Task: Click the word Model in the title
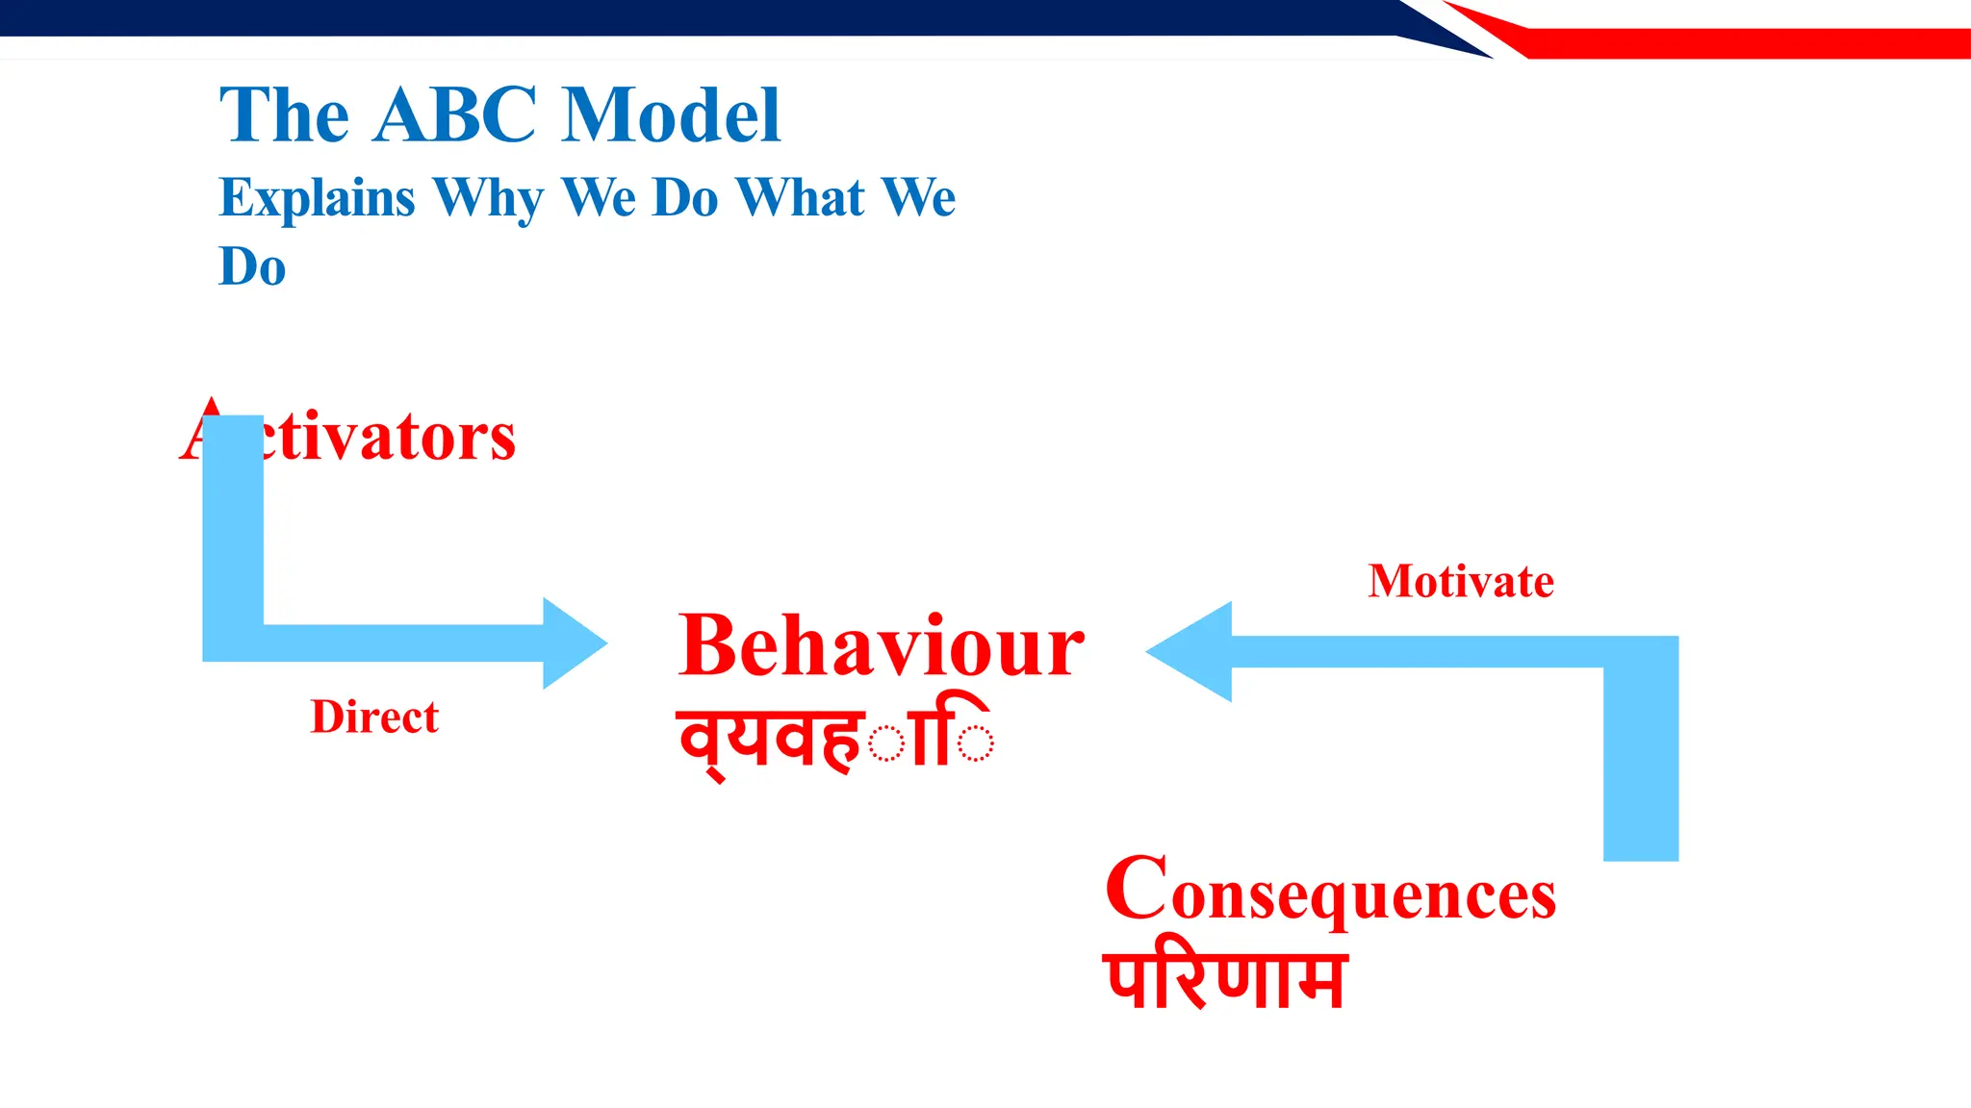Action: [x=671, y=115]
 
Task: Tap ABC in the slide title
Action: [x=455, y=115]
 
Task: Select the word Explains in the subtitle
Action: [x=317, y=198]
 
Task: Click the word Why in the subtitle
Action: [x=488, y=198]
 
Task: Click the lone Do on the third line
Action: [x=252, y=266]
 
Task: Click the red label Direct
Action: [x=374, y=718]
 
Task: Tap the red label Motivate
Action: [x=1460, y=581]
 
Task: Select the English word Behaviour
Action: [x=881, y=646]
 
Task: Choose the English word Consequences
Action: [x=1330, y=891]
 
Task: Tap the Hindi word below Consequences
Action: [x=1224, y=981]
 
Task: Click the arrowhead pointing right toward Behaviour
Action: [x=573, y=643]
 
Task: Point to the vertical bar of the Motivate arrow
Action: [x=1641, y=760]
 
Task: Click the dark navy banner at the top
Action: [x=674, y=17]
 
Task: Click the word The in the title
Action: [x=284, y=115]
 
